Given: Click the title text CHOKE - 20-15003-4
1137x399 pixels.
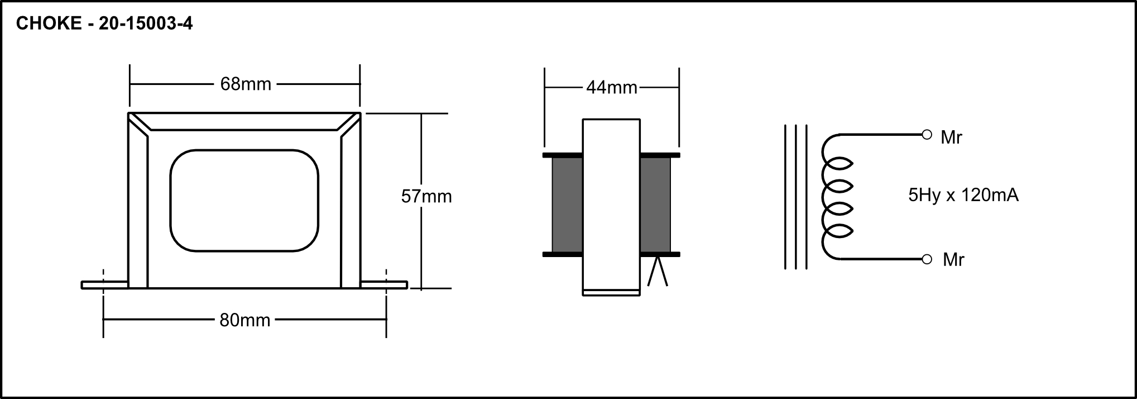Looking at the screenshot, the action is click(104, 23).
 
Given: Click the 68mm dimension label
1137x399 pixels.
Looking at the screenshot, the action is click(246, 84).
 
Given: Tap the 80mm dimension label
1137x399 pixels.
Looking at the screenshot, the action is click(245, 320).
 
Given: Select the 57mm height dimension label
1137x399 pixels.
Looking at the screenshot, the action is click(426, 196).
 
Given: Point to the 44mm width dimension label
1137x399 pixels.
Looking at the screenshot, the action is click(612, 88).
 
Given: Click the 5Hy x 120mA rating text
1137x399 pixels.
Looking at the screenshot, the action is click(963, 195).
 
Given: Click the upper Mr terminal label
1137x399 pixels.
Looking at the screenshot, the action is click(951, 137).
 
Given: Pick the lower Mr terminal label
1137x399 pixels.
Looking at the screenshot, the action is click(953, 260).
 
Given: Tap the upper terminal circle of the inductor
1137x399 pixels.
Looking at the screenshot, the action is click(927, 135).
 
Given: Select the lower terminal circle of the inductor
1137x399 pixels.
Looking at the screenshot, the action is click(927, 259).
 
